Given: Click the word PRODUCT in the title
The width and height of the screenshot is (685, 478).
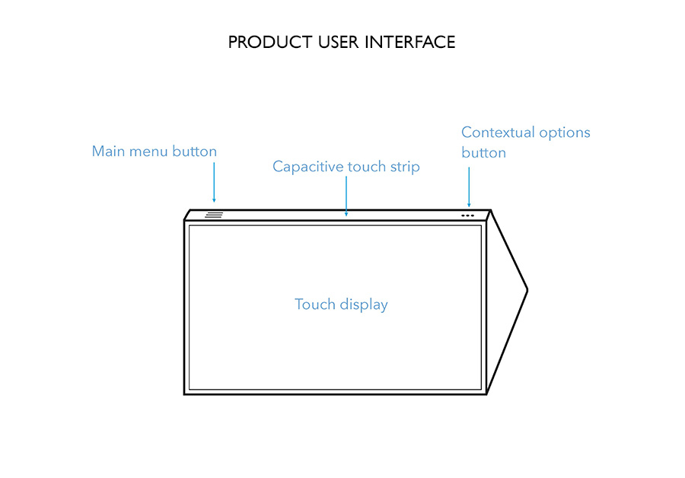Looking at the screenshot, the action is [x=269, y=43].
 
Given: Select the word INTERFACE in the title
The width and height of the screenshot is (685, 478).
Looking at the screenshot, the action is [x=409, y=43].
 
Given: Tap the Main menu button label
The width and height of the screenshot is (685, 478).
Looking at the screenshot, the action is [x=155, y=151].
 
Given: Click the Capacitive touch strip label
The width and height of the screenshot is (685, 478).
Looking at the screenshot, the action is [x=346, y=167].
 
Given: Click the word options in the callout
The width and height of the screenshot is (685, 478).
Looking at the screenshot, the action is [x=565, y=133].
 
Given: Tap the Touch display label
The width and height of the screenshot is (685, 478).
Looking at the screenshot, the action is [x=341, y=304].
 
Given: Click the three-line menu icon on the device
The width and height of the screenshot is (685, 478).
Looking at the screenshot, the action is [x=214, y=215].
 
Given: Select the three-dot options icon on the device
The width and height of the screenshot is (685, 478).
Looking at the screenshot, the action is [x=467, y=215].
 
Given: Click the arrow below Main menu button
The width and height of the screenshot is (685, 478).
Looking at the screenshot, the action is [x=214, y=183].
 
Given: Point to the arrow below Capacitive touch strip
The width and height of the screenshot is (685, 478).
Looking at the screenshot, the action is [x=346, y=196].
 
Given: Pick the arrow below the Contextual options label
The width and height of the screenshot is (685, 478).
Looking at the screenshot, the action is [x=469, y=187].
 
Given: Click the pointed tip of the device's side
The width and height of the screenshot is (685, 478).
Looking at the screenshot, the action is [x=527, y=290].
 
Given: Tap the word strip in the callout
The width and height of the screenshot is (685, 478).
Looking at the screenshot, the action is [x=405, y=167].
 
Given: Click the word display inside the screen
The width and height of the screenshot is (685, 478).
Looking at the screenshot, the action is [x=364, y=305].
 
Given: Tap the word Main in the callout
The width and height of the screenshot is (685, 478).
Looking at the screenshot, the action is [x=108, y=151].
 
